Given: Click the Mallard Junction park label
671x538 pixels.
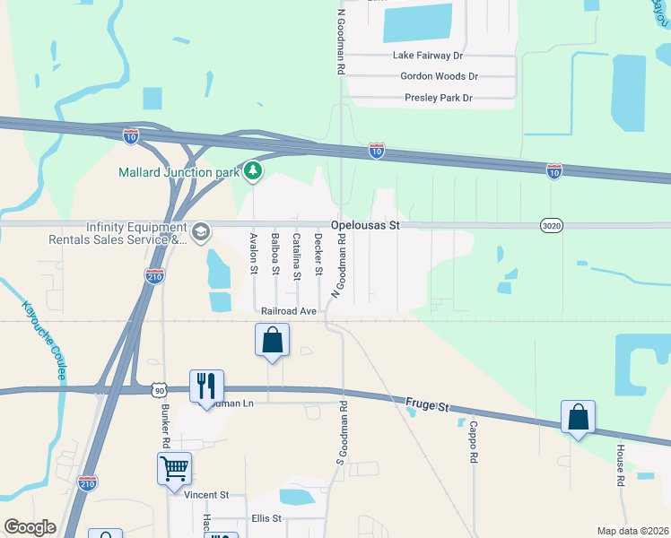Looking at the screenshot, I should click(x=179, y=171).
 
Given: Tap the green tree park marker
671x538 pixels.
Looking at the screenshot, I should click(x=254, y=169).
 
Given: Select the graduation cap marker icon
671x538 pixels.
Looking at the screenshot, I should click(x=200, y=232).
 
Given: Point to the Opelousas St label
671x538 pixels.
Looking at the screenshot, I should click(x=364, y=226).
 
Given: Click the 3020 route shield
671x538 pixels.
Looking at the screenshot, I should click(x=552, y=226).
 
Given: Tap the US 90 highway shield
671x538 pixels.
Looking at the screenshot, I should click(x=159, y=390).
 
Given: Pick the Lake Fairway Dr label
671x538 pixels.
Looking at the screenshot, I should click(x=428, y=56).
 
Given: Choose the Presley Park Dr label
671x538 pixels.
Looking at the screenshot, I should click(x=438, y=98).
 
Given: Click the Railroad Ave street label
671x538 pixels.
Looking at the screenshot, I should click(x=290, y=311).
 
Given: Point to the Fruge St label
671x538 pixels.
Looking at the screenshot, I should click(x=427, y=406).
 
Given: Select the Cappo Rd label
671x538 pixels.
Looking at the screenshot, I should click(x=472, y=442).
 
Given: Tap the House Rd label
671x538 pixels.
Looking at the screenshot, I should click(x=620, y=465).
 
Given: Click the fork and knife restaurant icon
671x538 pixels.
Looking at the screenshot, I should click(x=206, y=386).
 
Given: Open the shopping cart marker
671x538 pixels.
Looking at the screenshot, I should click(x=174, y=468).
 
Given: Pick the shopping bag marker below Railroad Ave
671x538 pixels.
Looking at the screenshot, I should click(x=273, y=341).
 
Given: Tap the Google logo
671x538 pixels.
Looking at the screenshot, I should click(x=30, y=527).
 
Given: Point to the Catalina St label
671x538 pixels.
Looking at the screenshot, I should click(x=296, y=256).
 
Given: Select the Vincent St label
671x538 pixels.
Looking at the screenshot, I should click(x=207, y=494).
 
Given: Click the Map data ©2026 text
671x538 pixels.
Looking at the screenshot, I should click(x=632, y=531).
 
